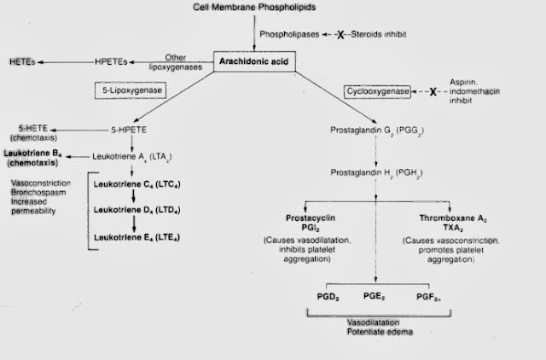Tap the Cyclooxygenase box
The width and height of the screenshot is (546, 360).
click(377, 90)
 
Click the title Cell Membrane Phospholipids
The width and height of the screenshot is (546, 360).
click(264, 7)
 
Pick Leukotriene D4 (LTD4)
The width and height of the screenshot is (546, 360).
click(141, 208)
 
